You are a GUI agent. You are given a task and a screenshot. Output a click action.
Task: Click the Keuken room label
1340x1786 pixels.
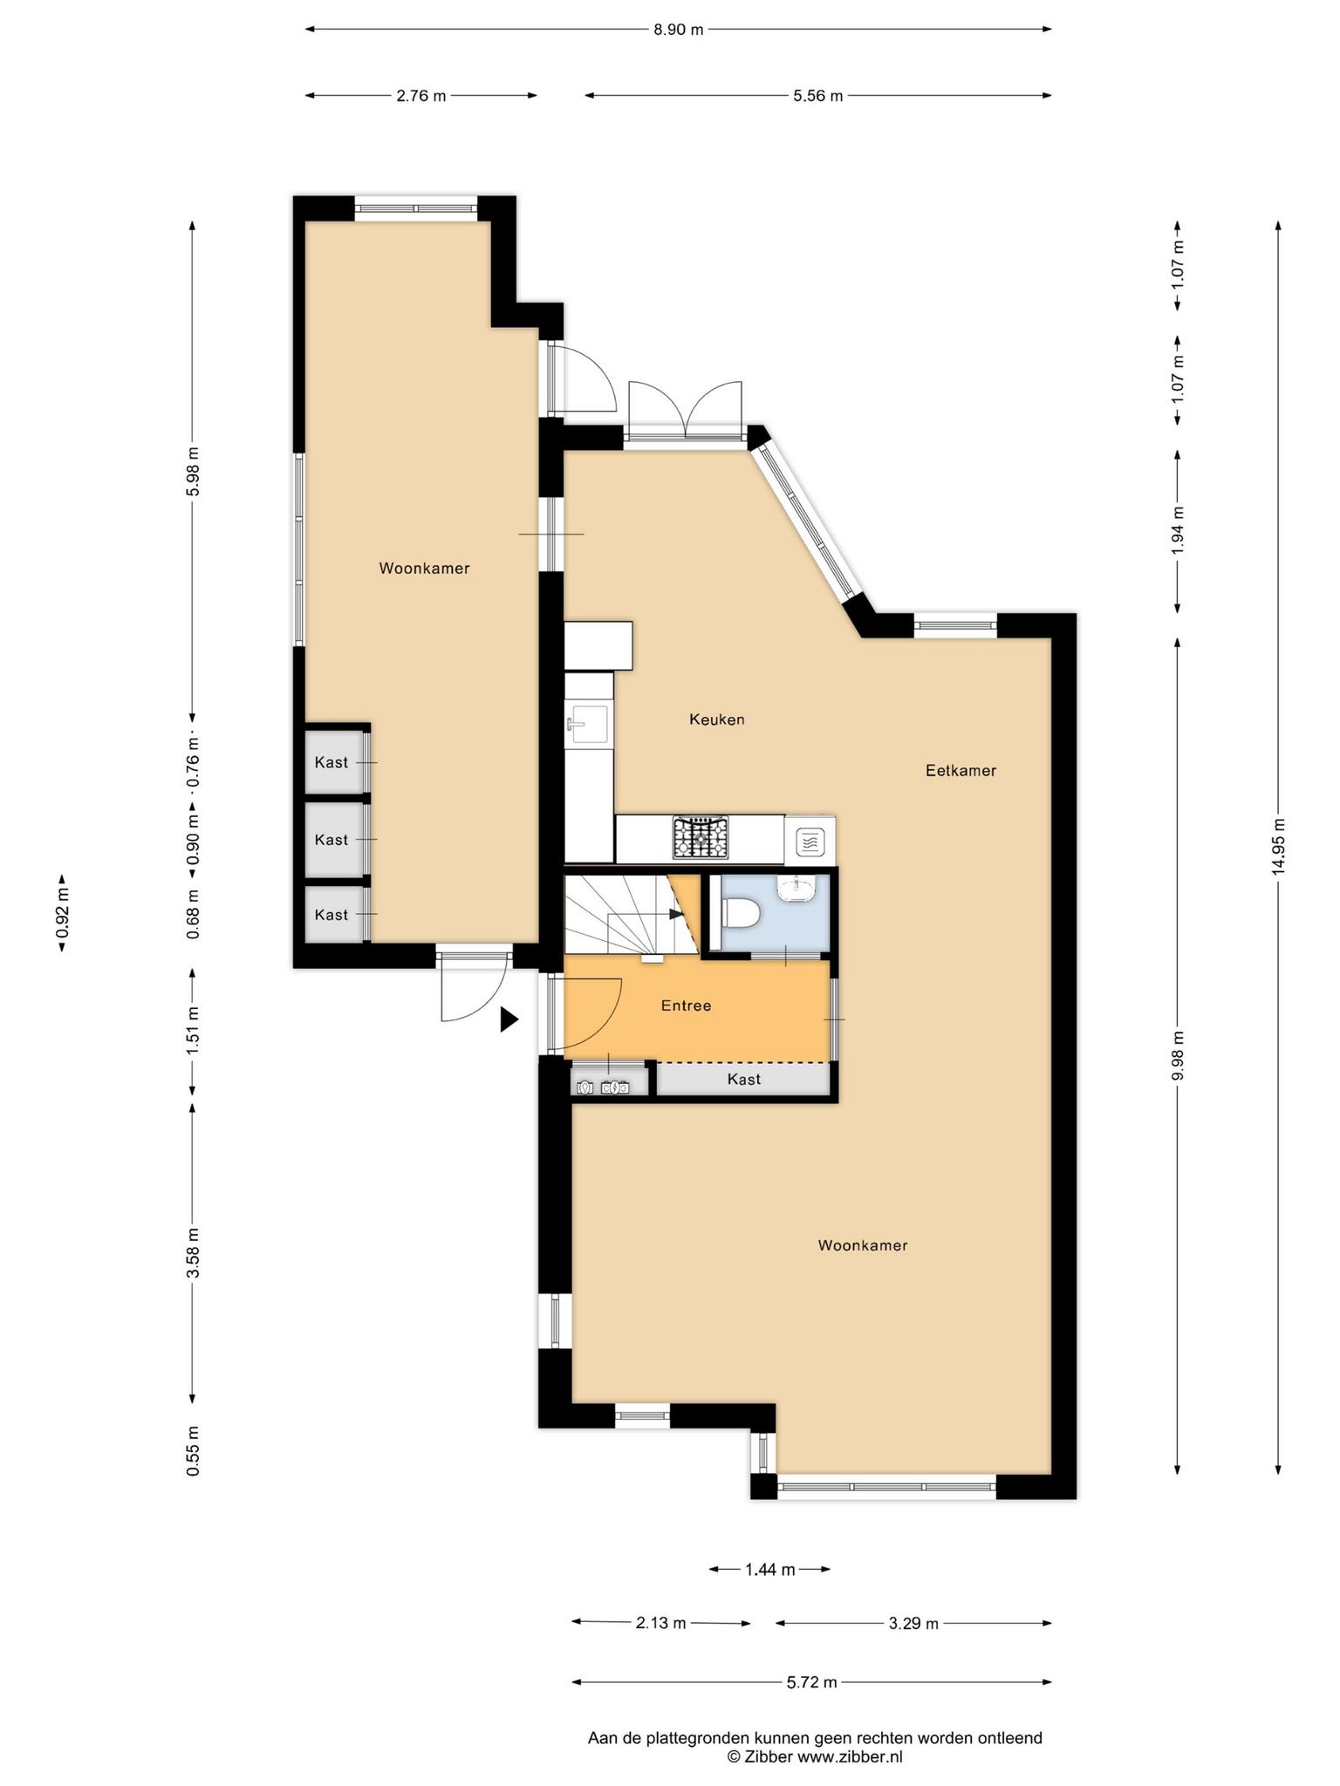coord(716,719)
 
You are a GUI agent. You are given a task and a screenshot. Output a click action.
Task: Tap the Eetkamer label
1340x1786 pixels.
coord(961,771)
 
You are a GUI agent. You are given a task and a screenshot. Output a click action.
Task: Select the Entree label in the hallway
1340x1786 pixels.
coord(686,1005)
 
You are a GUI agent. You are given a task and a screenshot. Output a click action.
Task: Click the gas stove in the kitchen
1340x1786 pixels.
coord(700,837)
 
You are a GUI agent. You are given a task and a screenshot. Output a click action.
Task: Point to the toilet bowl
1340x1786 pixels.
coord(742,913)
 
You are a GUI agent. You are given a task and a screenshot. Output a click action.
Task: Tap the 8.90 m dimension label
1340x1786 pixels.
coord(678,30)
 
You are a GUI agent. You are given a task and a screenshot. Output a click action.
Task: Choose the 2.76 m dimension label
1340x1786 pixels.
coord(420,96)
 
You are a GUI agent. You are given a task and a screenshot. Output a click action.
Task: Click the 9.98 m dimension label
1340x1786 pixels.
coord(1178,1055)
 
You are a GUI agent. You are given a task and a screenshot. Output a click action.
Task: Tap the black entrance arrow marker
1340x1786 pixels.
coord(509,1019)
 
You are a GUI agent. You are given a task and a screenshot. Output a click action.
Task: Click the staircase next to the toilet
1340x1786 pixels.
coord(632,914)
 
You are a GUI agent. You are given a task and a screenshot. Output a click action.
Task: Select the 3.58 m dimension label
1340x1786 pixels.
coord(193,1252)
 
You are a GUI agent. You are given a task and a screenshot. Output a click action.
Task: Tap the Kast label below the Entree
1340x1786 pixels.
coord(743,1080)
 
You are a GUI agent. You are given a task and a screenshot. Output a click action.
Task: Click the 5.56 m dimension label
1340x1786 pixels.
coord(817,96)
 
